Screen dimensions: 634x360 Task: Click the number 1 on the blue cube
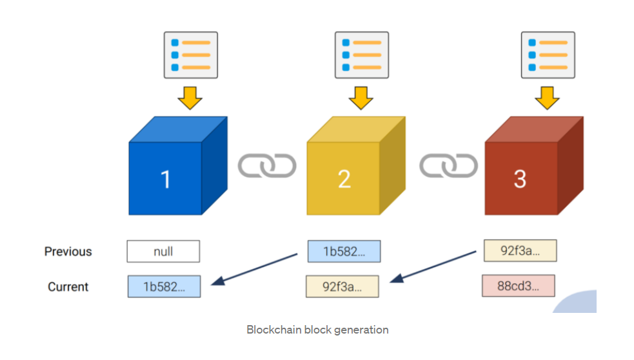pos(165,179)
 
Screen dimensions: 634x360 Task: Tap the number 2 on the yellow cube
pos(344,179)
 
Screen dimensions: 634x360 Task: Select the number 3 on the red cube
pos(520,179)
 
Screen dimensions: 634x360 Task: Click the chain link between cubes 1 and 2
pos(267,165)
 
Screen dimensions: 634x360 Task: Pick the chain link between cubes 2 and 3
pos(449,165)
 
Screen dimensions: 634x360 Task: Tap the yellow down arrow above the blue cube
pos(190,98)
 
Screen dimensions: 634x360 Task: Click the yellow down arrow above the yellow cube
pos(361,98)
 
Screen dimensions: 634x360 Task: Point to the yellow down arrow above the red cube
pos(548,98)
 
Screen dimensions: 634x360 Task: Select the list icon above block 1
pos(191,55)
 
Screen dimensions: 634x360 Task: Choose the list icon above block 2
pos(362,55)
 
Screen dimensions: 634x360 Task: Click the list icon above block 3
pos(548,55)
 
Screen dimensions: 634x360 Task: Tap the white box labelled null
pos(163,251)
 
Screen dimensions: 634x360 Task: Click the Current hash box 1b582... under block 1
pos(164,286)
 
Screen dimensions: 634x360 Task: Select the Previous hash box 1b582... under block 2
pos(344,251)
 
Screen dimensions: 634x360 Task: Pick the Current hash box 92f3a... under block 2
pos(342,286)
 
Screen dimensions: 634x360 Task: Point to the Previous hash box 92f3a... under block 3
pos(520,250)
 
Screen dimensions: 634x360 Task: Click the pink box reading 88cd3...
pos(519,286)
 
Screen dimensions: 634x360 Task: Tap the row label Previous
pos(68,251)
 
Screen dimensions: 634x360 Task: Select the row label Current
pos(68,286)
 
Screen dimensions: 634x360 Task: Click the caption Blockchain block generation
pos(317,330)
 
